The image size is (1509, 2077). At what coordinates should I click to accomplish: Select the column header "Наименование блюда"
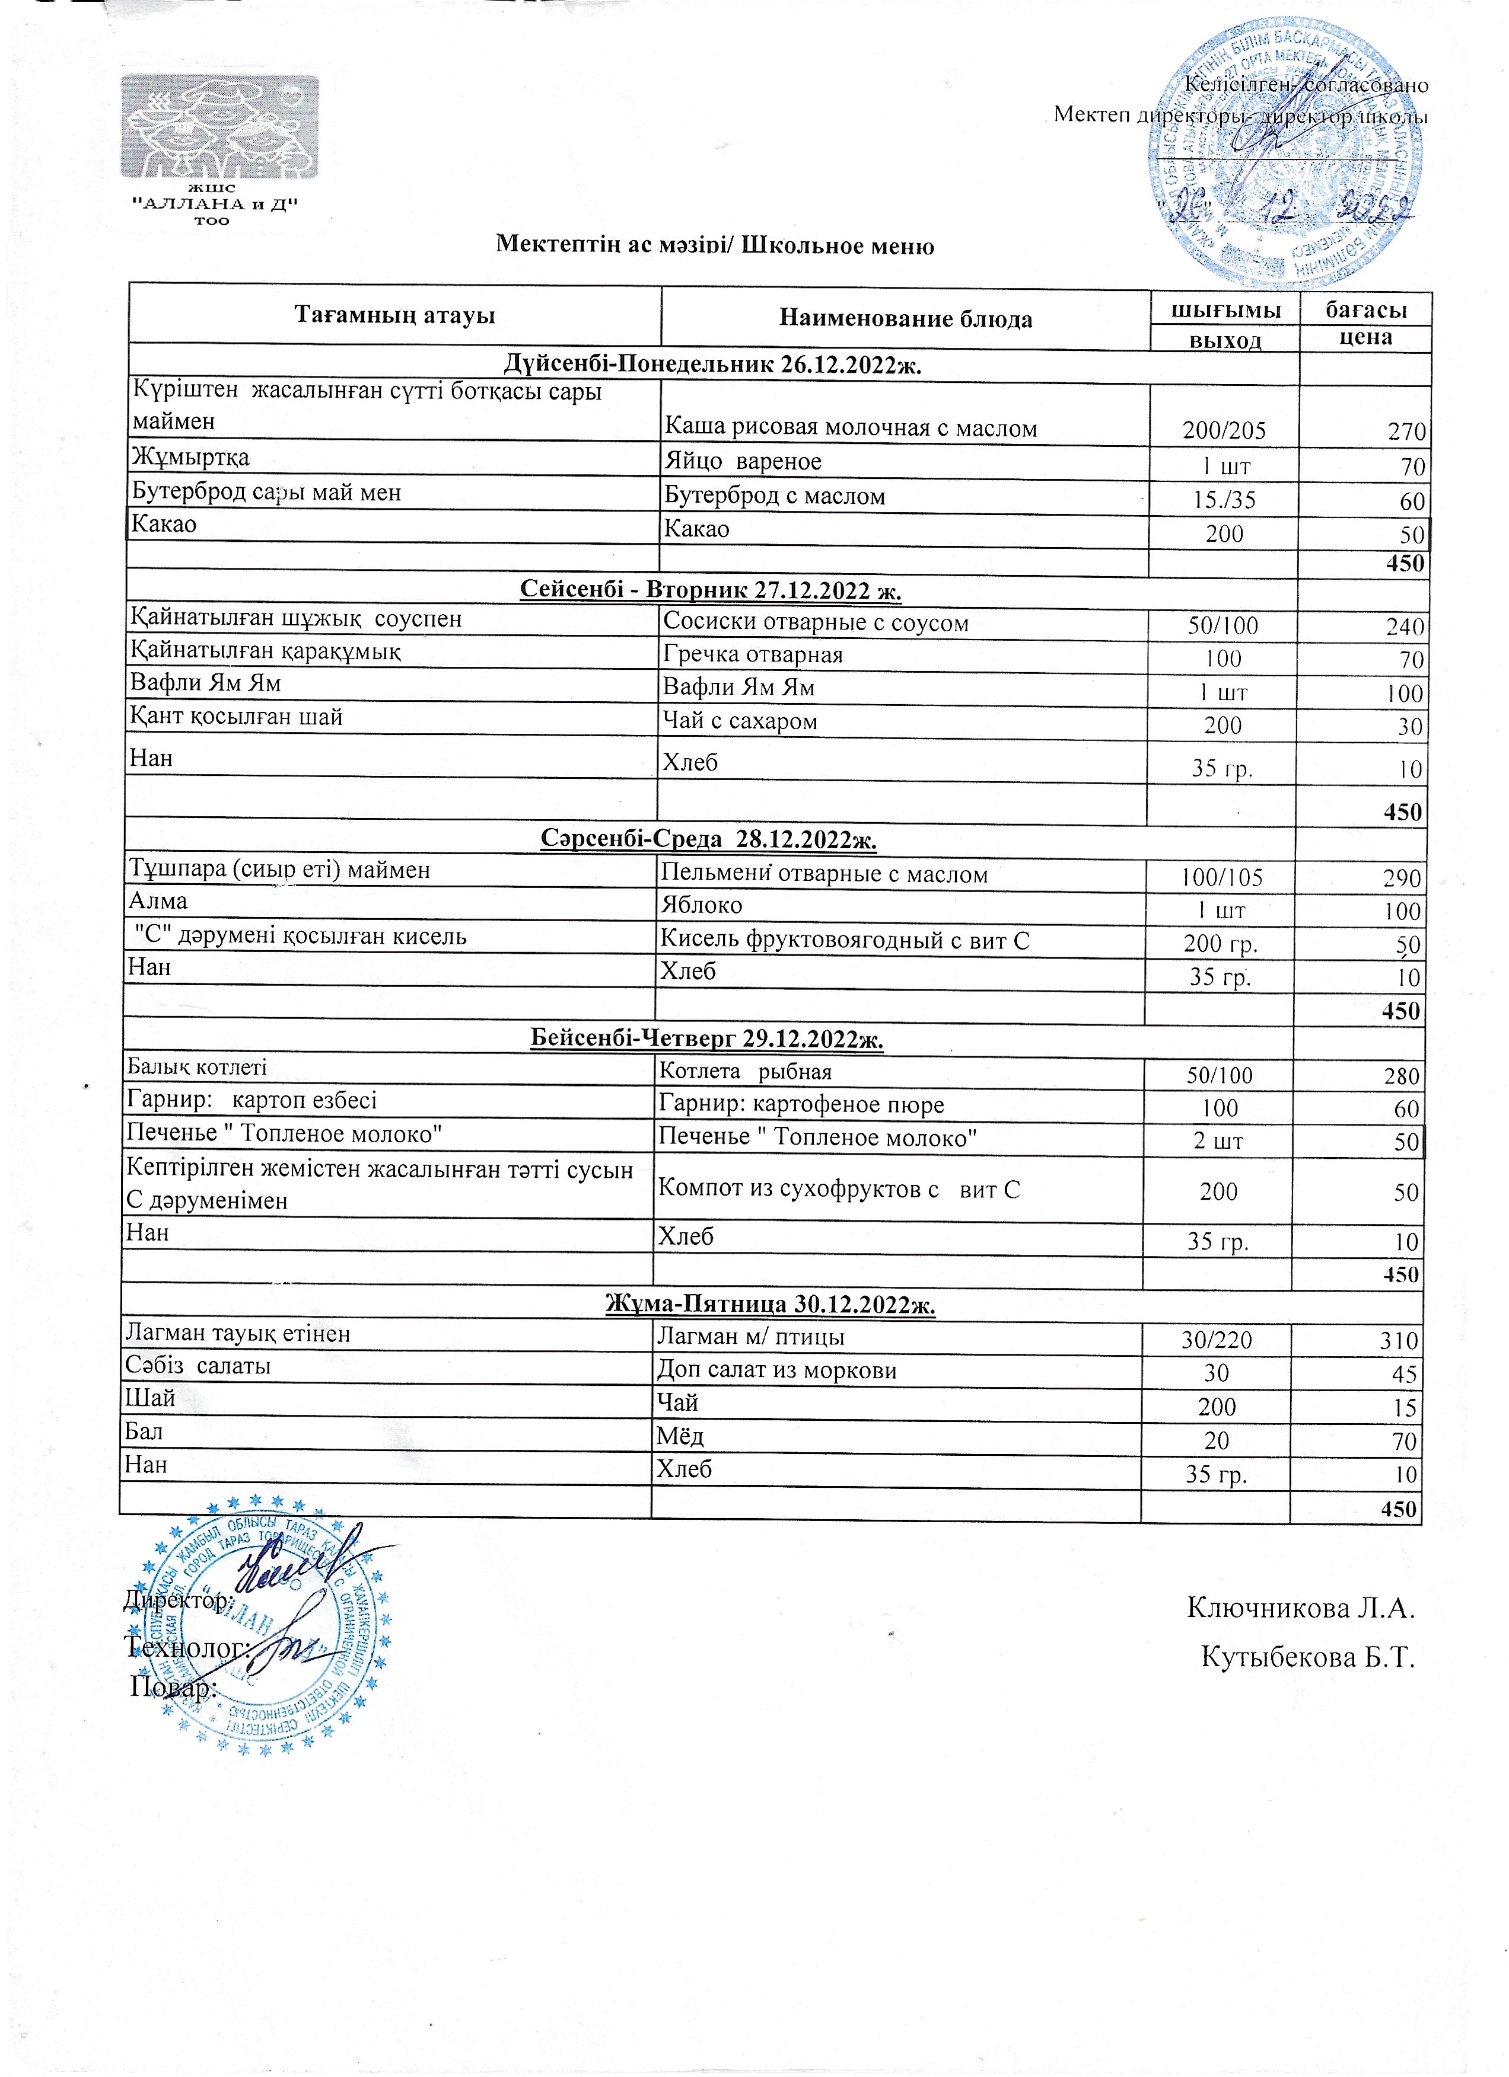pyautogui.click(x=905, y=319)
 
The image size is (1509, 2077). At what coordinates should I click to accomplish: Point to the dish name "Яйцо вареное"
pyautogui.click(x=743, y=462)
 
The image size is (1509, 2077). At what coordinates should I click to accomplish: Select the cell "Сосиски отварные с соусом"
pyautogui.click(x=816, y=623)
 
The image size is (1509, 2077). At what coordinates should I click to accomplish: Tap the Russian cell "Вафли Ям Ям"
pyautogui.click(x=738, y=687)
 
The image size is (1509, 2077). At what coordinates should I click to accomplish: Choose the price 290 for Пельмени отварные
pyautogui.click(x=1402, y=878)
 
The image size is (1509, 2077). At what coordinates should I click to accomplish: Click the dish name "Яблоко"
pyautogui.click(x=702, y=905)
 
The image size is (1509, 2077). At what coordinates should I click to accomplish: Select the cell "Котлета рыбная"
pyautogui.click(x=746, y=1072)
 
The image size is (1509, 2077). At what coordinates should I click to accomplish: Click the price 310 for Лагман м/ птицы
pyautogui.click(x=1399, y=1341)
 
